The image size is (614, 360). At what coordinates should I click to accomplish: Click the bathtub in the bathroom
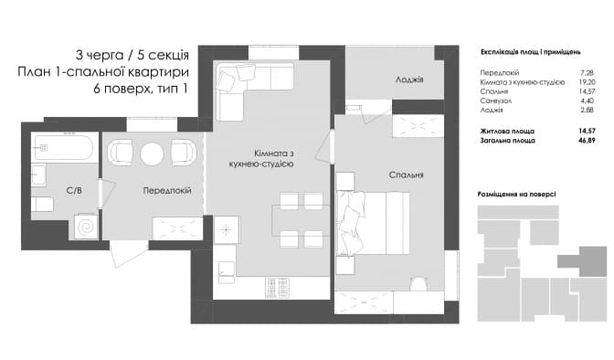(64, 148)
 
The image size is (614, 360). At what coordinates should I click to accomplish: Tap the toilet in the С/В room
(42, 204)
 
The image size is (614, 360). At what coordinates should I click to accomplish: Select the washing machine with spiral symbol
(85, 227)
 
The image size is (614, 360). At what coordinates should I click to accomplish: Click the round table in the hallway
(152, 153)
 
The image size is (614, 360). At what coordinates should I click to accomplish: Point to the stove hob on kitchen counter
(277, 288)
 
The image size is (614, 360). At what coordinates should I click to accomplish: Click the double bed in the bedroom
(373, 223)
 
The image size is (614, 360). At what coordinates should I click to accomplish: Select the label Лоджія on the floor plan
(409, 79)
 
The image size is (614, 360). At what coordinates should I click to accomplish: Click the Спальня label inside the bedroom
(406, 175)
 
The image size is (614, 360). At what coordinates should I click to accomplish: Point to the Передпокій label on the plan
(167, 191)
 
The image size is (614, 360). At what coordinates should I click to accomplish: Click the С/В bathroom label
(74, 191)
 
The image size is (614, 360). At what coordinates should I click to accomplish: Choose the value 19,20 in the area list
(588, 82)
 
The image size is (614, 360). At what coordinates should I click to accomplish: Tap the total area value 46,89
(587, 140)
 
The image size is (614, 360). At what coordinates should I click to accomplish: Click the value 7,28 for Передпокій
(588, 72)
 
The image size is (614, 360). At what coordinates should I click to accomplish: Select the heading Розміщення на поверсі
(516, 194)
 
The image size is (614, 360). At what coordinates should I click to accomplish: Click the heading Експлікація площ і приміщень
(530, 52)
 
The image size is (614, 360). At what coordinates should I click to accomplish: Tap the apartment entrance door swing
(129, 253)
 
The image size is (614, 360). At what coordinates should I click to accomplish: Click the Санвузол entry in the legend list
(496, 101)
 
